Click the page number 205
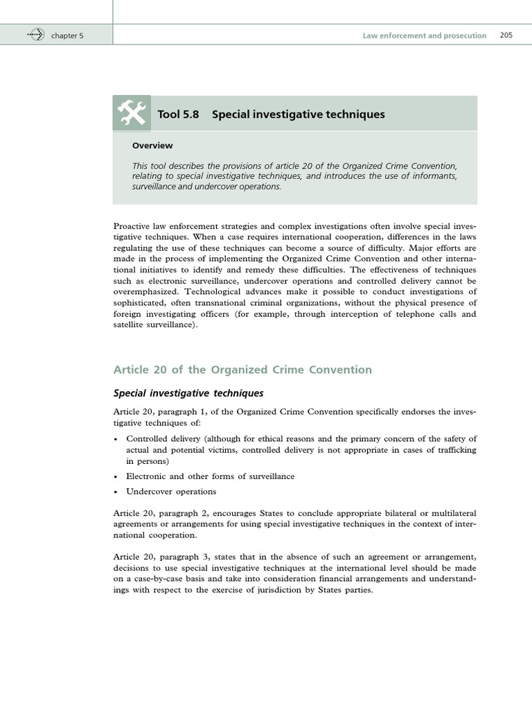(506, 35)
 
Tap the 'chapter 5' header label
(67, 35)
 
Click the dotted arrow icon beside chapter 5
(35, 35)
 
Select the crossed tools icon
(132, 114)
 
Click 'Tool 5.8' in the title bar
(178, 114)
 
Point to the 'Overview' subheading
(152, 146)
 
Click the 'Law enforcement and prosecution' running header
(424, 35)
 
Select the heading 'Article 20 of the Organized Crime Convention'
(242, 370)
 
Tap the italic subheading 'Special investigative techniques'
(188, 393)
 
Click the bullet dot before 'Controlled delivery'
(115, 440)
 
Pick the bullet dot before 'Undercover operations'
(115, 492)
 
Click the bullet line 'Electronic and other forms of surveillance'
(210, 476)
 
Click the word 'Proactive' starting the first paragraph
(130, 226)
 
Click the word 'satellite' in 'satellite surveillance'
(127, 325)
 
